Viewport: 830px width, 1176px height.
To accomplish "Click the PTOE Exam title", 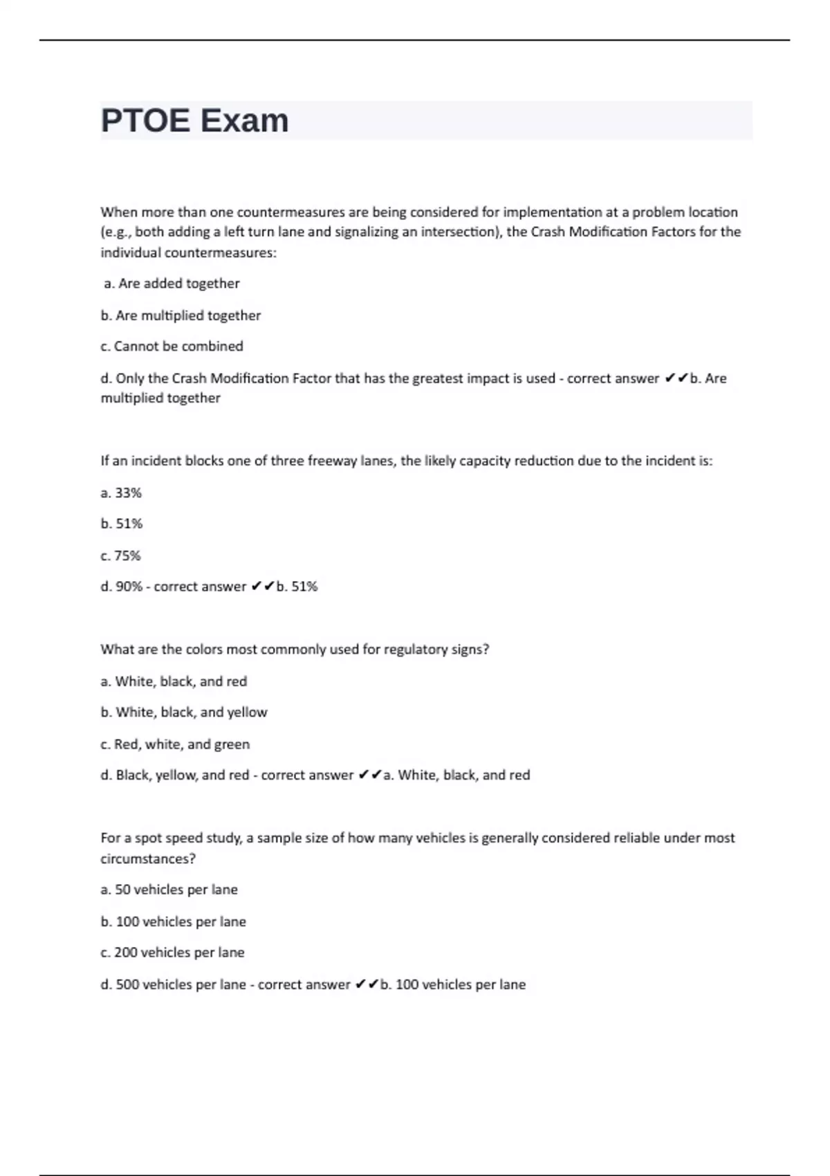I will [194, 121].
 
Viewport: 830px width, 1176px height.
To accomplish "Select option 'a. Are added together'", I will [172, 284].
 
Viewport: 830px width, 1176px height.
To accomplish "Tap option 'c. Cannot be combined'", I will [172, 347].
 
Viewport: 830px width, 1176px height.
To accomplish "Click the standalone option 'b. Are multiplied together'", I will [181, 315].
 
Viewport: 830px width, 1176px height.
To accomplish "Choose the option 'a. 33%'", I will [121, 493].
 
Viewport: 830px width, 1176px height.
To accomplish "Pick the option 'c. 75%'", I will [120, 555].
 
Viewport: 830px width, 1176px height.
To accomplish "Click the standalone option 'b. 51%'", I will [121, 524].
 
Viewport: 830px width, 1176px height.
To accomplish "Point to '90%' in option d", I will [129, 587].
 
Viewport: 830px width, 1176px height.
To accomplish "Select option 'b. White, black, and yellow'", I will [184, 713].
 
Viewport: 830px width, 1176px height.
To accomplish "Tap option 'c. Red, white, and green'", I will [175, 744].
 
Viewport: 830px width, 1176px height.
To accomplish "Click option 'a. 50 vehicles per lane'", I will [169, 890].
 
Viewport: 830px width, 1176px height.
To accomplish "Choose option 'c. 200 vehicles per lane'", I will [172, 953].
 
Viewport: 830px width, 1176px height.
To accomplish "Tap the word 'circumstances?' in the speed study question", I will [148, 858].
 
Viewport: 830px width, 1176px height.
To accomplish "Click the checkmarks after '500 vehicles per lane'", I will [367, 984].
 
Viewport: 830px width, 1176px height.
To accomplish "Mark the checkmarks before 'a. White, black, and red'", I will [370, 775].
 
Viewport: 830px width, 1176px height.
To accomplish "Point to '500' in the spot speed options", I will [127, 984].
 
